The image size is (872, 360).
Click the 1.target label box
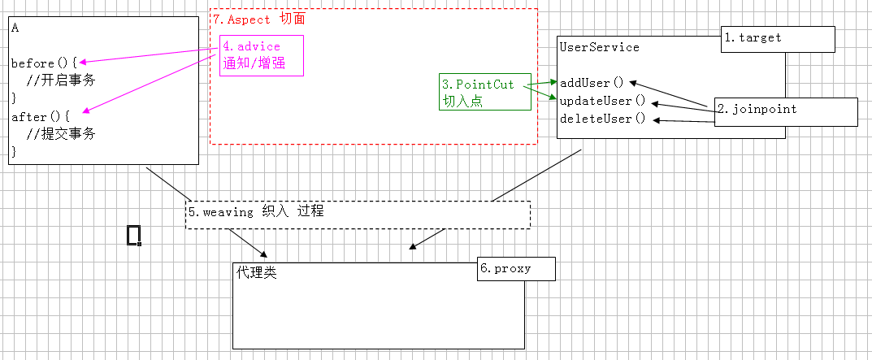pyautogui.click(x=778, y=39)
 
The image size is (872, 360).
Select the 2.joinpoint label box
pyautogui.click(x=785, y=111)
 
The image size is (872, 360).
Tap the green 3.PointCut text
pyautogui.click(x=478, y=85)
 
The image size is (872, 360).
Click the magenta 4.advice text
pyautogui.click(x=251, y=47)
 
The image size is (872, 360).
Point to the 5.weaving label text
pyautogui.click(x=256, y=211)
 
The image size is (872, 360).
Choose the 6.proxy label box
pyautogui.click(x=515, y=269)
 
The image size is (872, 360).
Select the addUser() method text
pyautogui.click(x=591, y=83)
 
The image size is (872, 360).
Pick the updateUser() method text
pyautogui.click(x=601, y=101)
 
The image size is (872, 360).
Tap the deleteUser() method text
pyautogui.click(x=601, y=119)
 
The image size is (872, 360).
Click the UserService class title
pyautogui.click(x=599, y=47)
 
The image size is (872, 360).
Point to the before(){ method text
pyautogui.click(x=44, y=63)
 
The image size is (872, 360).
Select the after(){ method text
pyautogui.click(x=41, y=117)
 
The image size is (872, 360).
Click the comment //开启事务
pyautogui.click(x=61, y=80)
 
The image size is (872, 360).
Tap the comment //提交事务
pyautogui.click(x=61, y=134)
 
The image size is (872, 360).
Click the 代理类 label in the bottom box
pyautogui.click(x=257, y=273)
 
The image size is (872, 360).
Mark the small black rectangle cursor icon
pyautogui.click(x=134, y=235)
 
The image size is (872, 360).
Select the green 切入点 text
pyautogui.click(x=462, y=102)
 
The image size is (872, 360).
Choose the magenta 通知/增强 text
pyautogui.click(x=254, y=63)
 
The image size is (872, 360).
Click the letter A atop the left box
pyautogui.click(x=15, y=28)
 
